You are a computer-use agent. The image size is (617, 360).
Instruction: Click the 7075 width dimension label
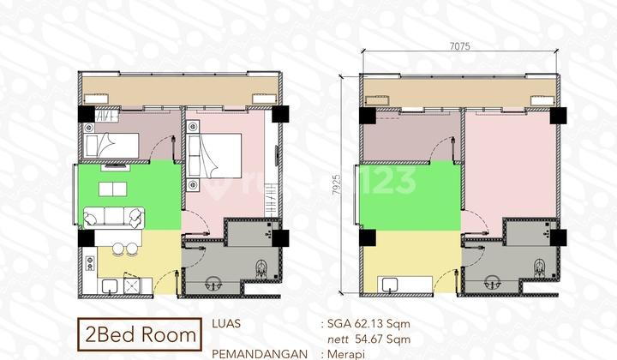(459, 46)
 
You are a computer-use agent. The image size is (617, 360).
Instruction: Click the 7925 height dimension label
(337, 185)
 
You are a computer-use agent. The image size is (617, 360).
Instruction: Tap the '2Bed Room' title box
(140, 334)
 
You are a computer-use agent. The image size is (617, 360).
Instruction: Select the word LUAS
(226, 324)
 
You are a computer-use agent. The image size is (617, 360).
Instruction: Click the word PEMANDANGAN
(260, 355)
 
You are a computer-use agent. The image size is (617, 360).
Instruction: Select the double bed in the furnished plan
(214, 156)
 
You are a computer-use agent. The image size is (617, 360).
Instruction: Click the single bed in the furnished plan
(111, 146)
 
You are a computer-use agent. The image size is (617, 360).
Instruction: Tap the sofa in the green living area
(114, 218)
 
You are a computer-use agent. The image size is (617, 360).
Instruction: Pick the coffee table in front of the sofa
(112, 189)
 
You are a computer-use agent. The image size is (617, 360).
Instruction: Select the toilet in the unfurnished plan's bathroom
(540, 268)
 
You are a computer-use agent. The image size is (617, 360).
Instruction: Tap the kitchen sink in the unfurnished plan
(390, 285)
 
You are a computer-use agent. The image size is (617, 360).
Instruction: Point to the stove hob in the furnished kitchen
(132, 285)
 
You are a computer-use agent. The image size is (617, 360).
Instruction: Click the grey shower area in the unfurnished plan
(532, 230)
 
